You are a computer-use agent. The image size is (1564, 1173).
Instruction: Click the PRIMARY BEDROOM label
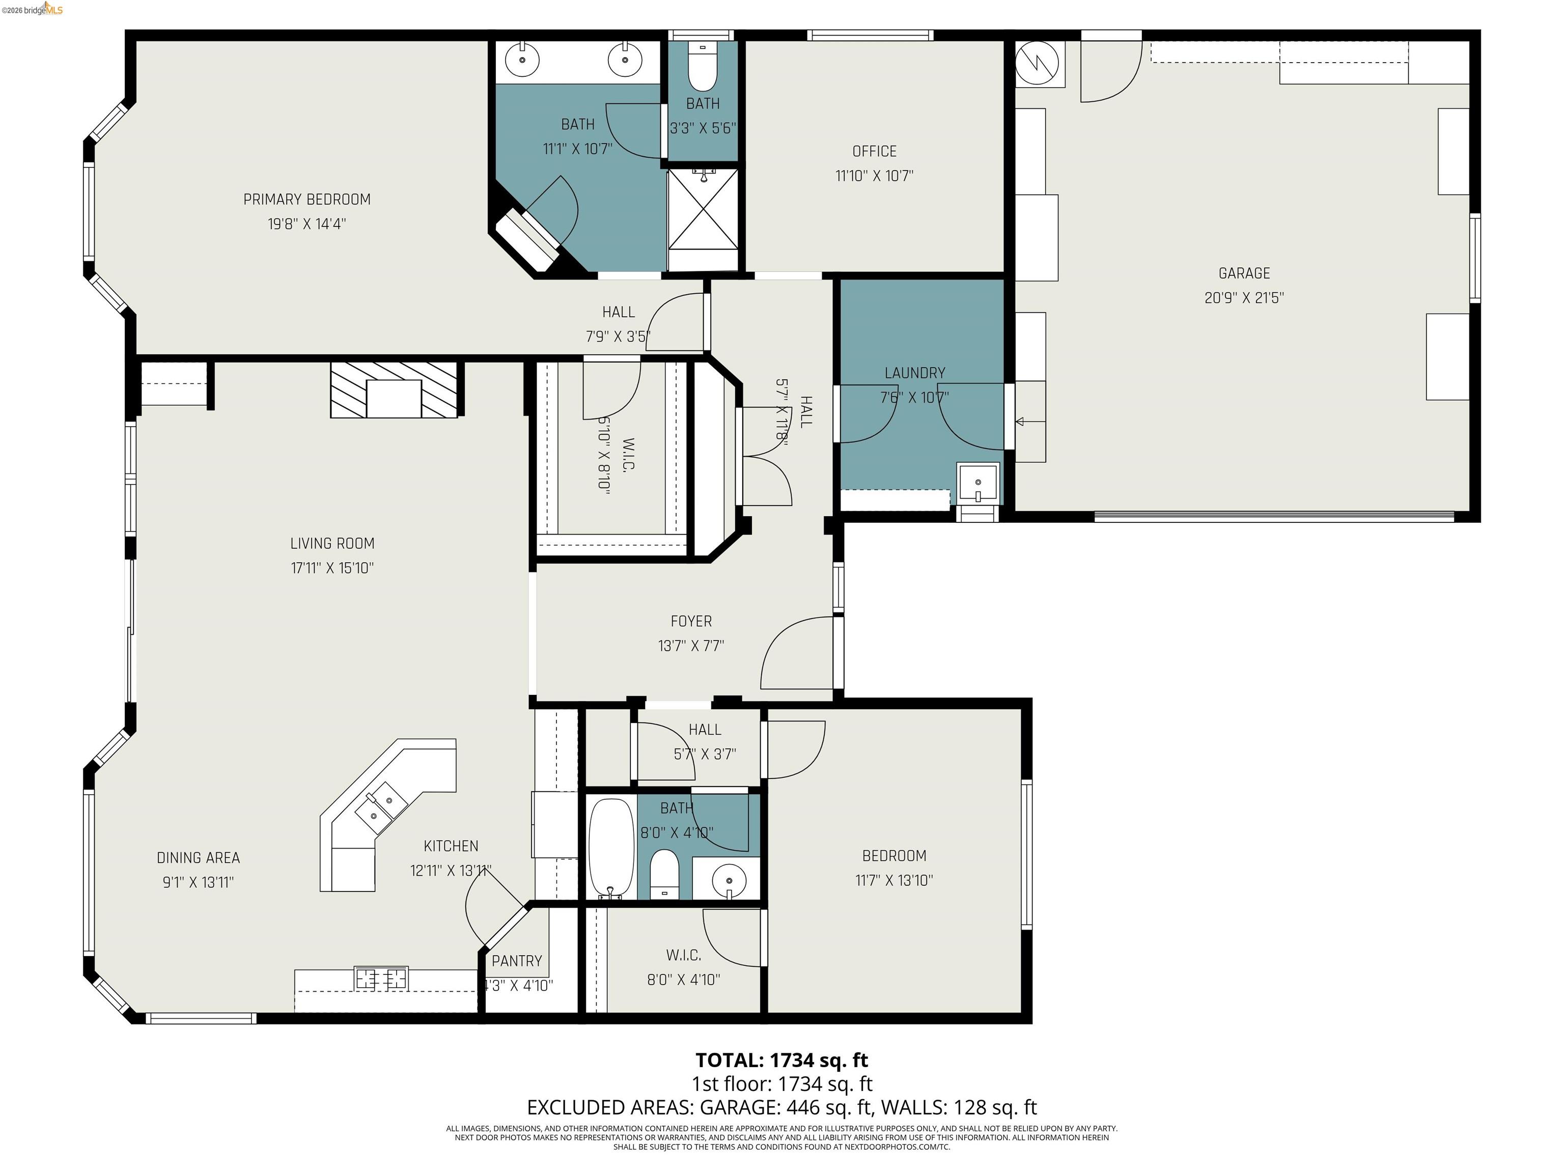[307, 200]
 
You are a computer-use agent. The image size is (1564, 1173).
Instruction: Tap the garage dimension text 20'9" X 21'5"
[1244, 298]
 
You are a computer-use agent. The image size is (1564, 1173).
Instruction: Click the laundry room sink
[978, 483]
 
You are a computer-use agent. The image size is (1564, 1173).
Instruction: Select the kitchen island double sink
[381, 807]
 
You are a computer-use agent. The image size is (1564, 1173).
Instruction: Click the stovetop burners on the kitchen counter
[382, 979]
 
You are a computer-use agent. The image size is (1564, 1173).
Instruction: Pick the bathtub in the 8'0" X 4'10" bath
[611, 849]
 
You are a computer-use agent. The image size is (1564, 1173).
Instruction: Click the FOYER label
[691, 621]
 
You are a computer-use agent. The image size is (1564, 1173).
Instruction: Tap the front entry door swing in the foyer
[795, 654]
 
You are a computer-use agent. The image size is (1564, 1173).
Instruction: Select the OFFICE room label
[874, 151]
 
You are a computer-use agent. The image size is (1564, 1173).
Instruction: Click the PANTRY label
[516, 961]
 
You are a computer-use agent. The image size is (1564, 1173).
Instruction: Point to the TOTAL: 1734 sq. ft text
[781, 1060]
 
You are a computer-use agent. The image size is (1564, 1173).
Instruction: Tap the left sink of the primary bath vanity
[522, 60]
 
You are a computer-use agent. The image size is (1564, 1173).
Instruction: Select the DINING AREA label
[198, 858]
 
